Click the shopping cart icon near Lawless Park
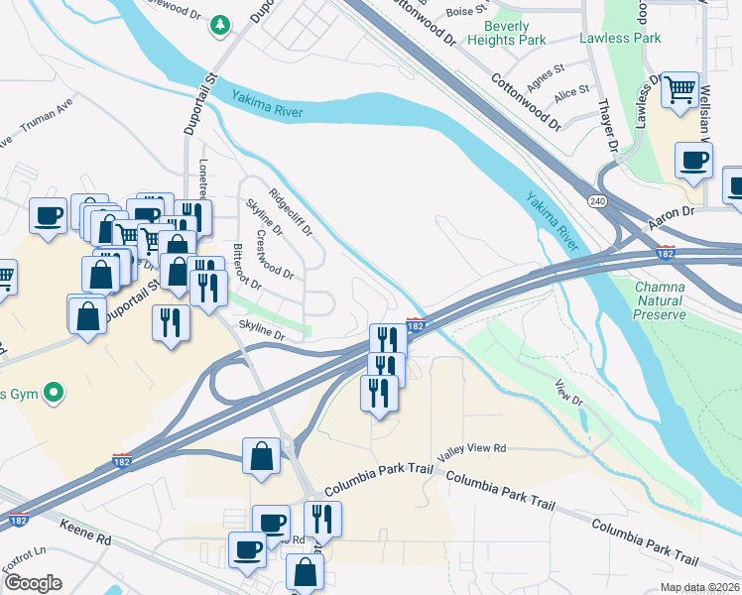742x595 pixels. (680, 91)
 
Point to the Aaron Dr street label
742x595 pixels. (673, 213)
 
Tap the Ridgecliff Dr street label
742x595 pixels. (290, 211)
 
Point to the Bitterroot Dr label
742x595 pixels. (245, 267)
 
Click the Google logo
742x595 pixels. (32, 583)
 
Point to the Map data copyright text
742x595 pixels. (700, 588)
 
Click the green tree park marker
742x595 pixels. (219, 26)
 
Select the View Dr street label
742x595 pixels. (566, 393)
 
